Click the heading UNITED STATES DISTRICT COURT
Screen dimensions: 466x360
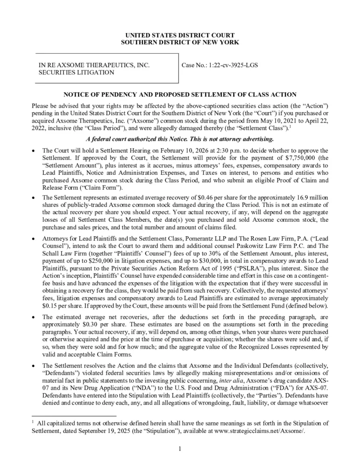point(180,35)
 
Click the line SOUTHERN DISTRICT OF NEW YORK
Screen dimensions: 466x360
point(180,42)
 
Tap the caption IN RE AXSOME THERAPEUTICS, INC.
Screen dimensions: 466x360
point(94,65)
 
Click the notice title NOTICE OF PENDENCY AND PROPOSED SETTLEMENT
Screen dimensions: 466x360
point(180,95)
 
